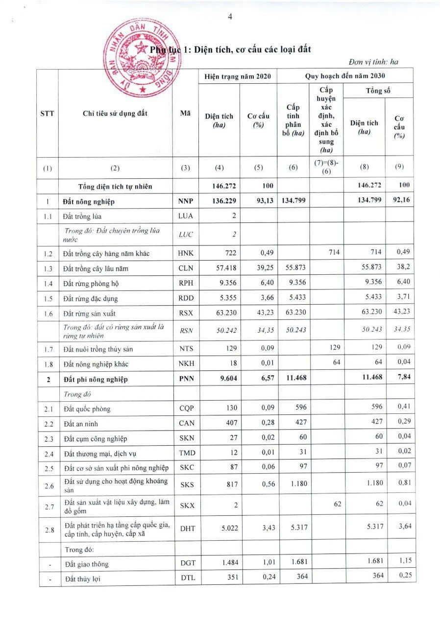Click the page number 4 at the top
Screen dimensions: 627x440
pos(229,17)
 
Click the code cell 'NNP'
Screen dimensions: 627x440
pos(185,201)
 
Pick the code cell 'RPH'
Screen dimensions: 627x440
pos(185,284)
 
